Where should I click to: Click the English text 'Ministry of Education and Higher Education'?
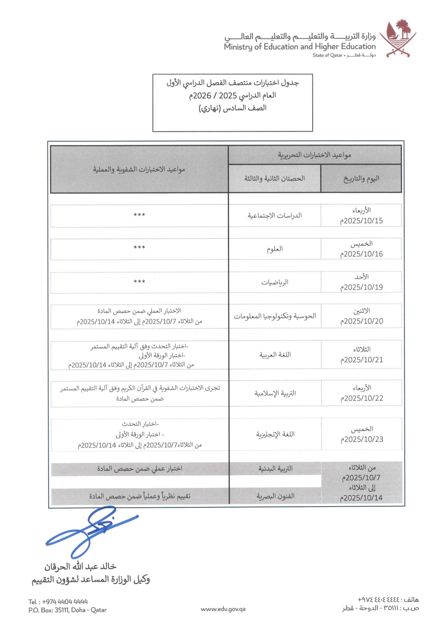[x=300, y=47]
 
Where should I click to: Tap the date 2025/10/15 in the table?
[x=361, y=221]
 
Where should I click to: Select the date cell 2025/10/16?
[x=361, y=254]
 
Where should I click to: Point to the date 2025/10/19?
[x=361, y=287]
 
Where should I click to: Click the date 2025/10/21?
[x=362, y=360]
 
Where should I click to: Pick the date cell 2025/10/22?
[x=362, y=398]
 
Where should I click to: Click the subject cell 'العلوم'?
[x=275, y=249]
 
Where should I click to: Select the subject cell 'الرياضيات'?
[x=275, y=282]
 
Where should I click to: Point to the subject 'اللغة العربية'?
[x=275, y=355]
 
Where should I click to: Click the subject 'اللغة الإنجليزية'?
[x=275, y=434]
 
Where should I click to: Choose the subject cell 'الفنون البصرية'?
[x=275, y=496]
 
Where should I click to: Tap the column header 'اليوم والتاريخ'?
[x=361, y=178]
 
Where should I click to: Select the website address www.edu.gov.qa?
[x=223, y=609]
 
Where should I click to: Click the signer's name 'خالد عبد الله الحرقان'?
[x=80, y=566]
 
